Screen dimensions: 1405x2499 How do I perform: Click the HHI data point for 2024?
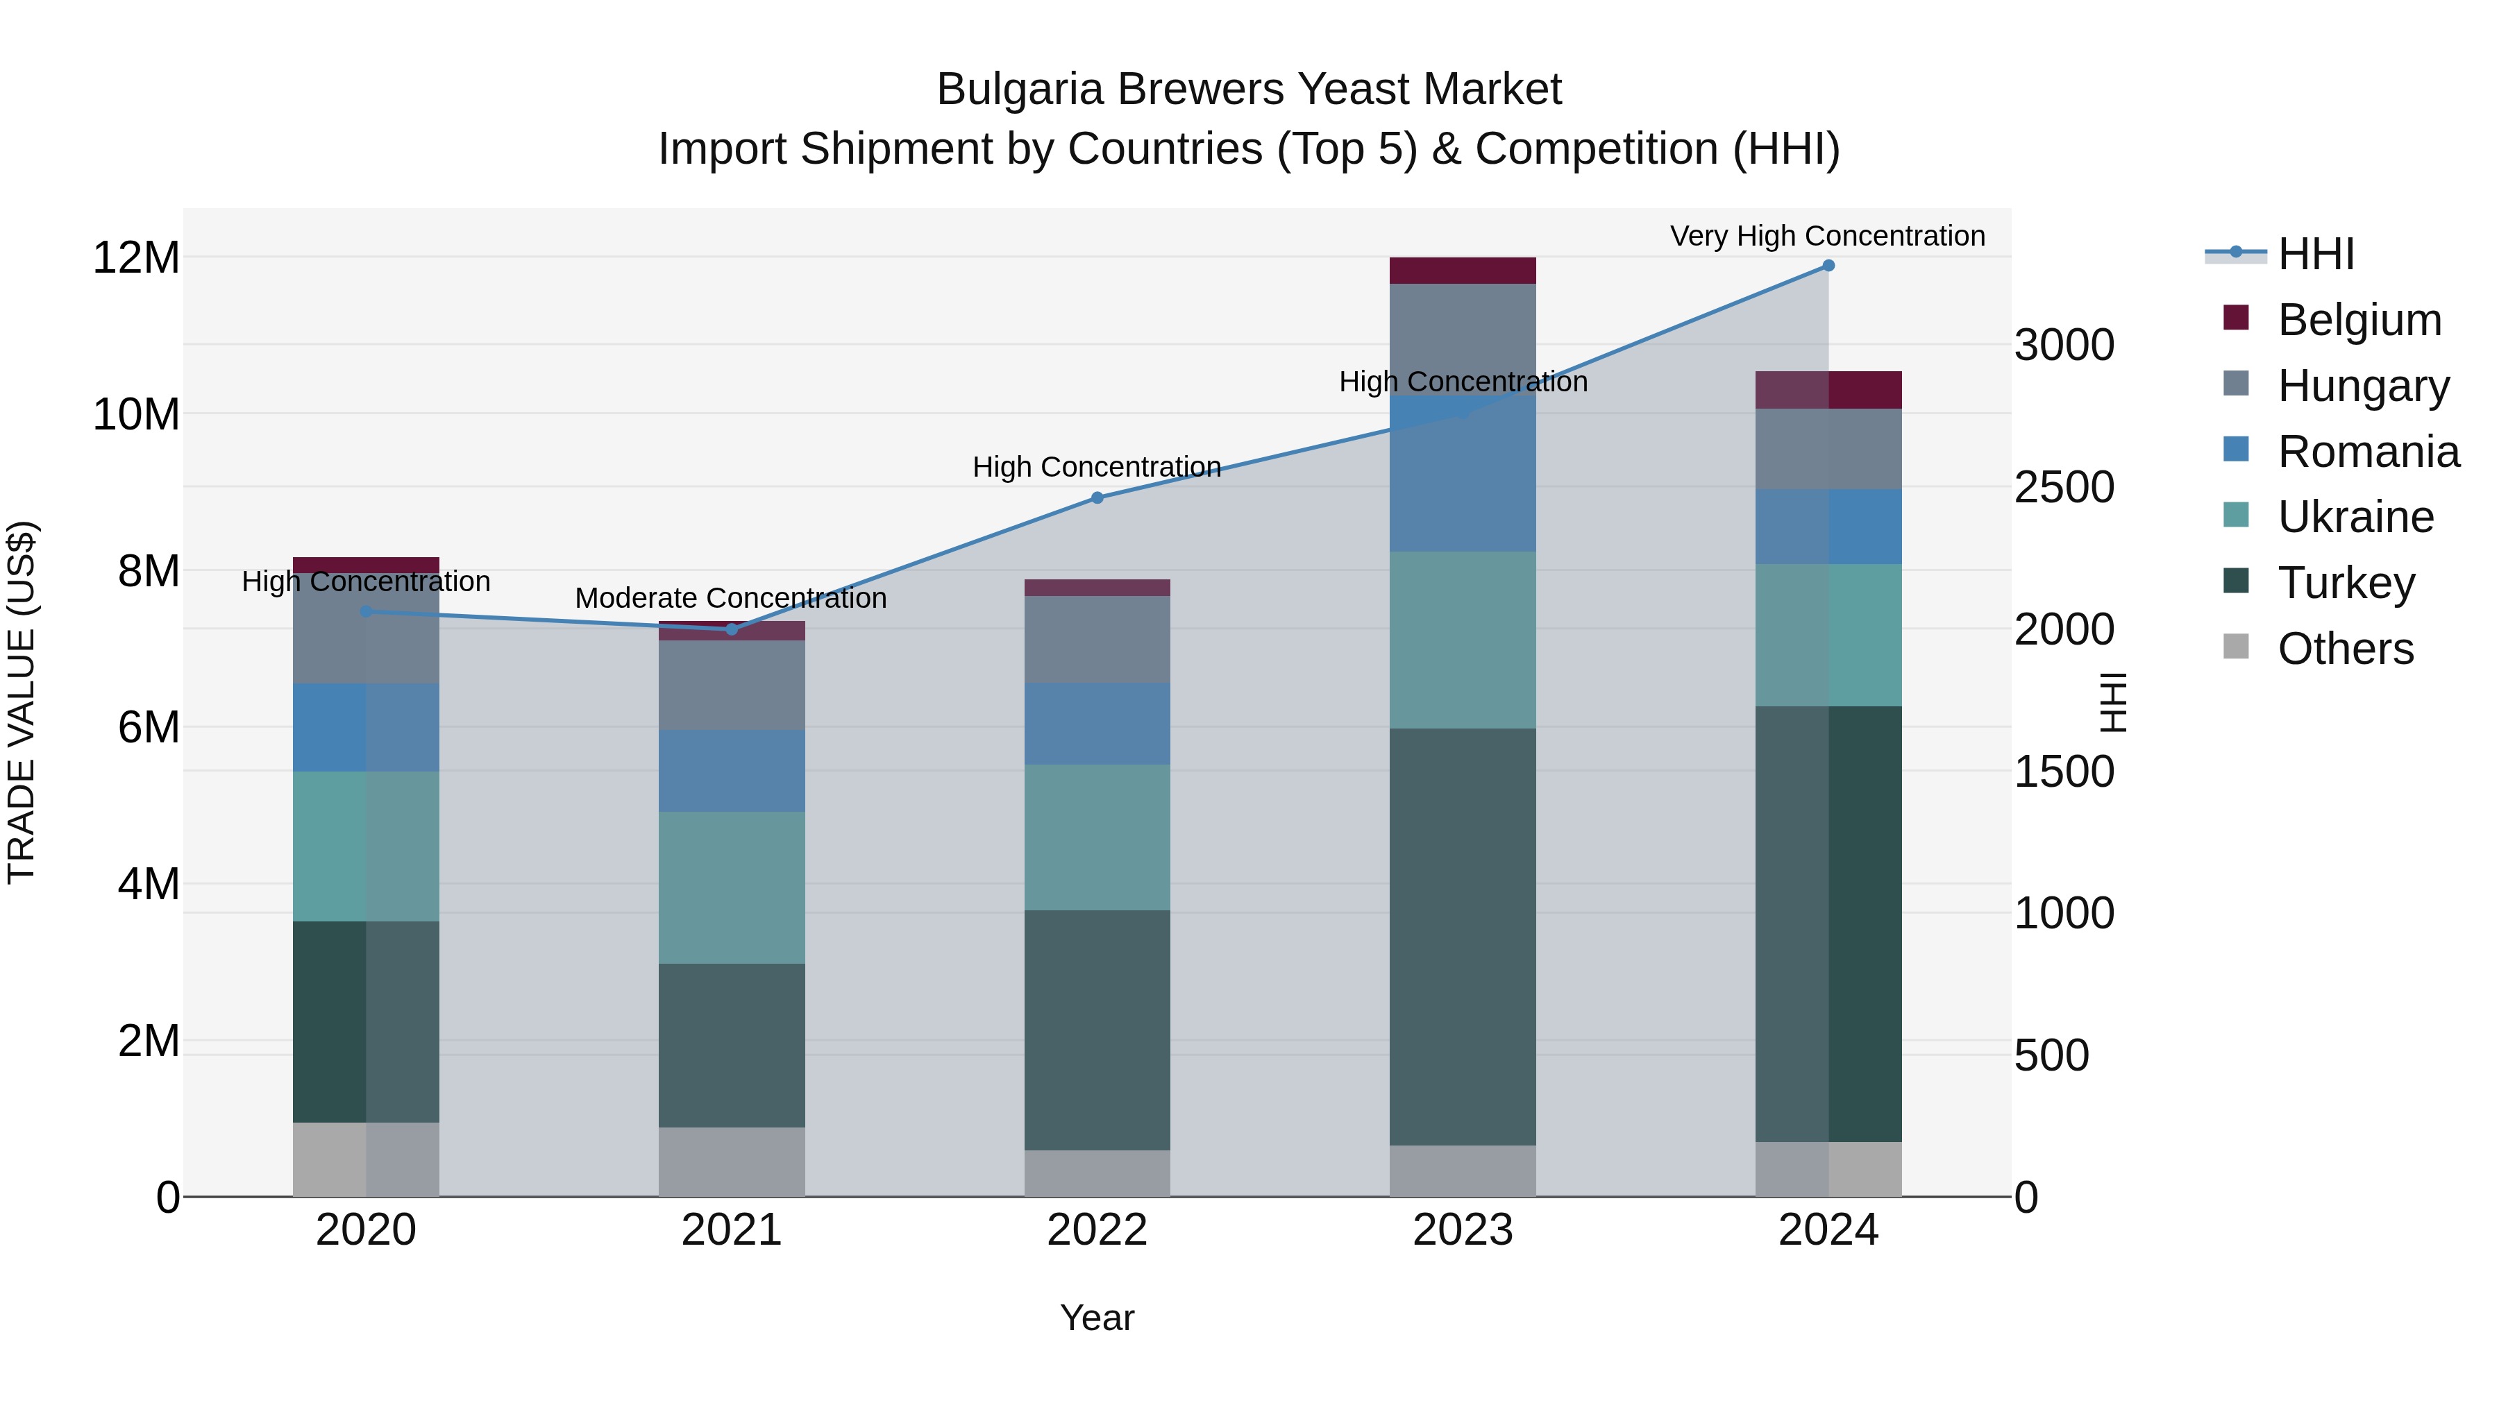coord(1828,266)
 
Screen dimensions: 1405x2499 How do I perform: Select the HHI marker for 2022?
coord(1097,497)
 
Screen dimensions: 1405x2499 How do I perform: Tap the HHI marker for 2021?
coord(732,629)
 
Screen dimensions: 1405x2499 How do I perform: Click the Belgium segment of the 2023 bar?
coord(1463,271)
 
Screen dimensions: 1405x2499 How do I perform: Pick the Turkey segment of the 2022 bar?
coord(1097,1030)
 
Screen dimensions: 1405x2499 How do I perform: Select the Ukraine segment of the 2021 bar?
coord(732,887)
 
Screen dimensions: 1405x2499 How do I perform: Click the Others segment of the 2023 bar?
coord(1463,1170)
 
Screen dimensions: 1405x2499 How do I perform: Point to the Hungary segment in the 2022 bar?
coord(1097,639)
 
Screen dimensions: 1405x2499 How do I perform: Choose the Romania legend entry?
coord(2368,452)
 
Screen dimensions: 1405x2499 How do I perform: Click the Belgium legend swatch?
coord(2236,318)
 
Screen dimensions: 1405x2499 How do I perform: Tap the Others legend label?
coord(2346,649)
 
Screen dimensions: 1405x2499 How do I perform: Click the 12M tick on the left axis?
coord(136,259)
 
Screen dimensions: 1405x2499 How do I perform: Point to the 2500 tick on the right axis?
coord(2064,488)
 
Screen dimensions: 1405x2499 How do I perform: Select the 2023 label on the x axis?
coord(1463,1230)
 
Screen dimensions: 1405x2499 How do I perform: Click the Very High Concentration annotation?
coord(1828,237)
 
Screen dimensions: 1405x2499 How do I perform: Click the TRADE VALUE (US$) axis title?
coord(22,702)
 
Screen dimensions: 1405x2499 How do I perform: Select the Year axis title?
coord(1097,1318)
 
